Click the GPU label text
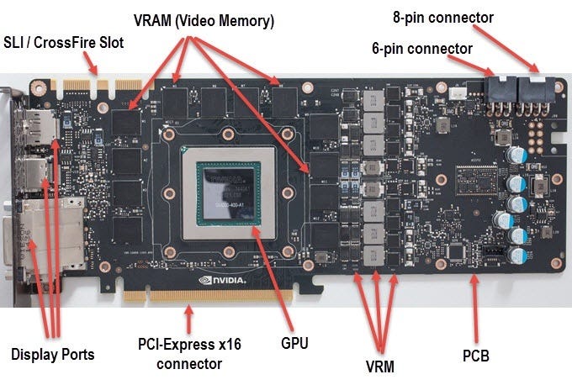(295, 343)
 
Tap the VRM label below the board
(381, 367)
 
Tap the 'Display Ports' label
(52, 355)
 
